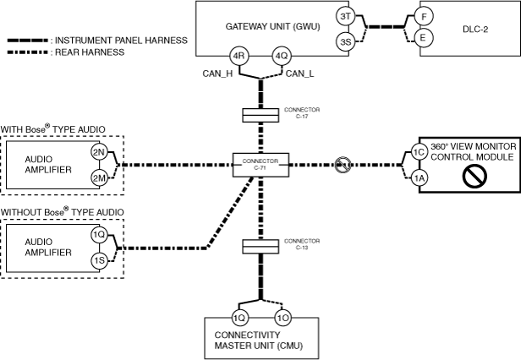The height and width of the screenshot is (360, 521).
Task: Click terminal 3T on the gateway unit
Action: [x=344, y=16]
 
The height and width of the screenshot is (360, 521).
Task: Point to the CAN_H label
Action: [x=216, y=74]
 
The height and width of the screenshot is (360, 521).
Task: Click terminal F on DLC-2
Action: [x=425, y=16]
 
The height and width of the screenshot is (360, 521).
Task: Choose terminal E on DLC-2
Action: [x=425, y=38]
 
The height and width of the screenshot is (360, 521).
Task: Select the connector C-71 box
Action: [x=260, y=164]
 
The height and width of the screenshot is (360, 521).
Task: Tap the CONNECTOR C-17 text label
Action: [x=302, y=112]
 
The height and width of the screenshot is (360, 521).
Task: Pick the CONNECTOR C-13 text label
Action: [x=302, y=244]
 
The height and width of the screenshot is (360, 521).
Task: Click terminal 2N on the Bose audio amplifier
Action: [x=99, y=153]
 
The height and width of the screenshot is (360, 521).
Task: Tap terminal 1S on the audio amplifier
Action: [x=99, y=260]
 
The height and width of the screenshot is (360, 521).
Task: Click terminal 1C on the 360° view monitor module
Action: [x=418, y=152]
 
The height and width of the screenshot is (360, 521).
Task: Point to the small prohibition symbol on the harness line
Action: [x=343, y=165]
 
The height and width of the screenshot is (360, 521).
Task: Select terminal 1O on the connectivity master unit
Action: [x=283, y=319]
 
